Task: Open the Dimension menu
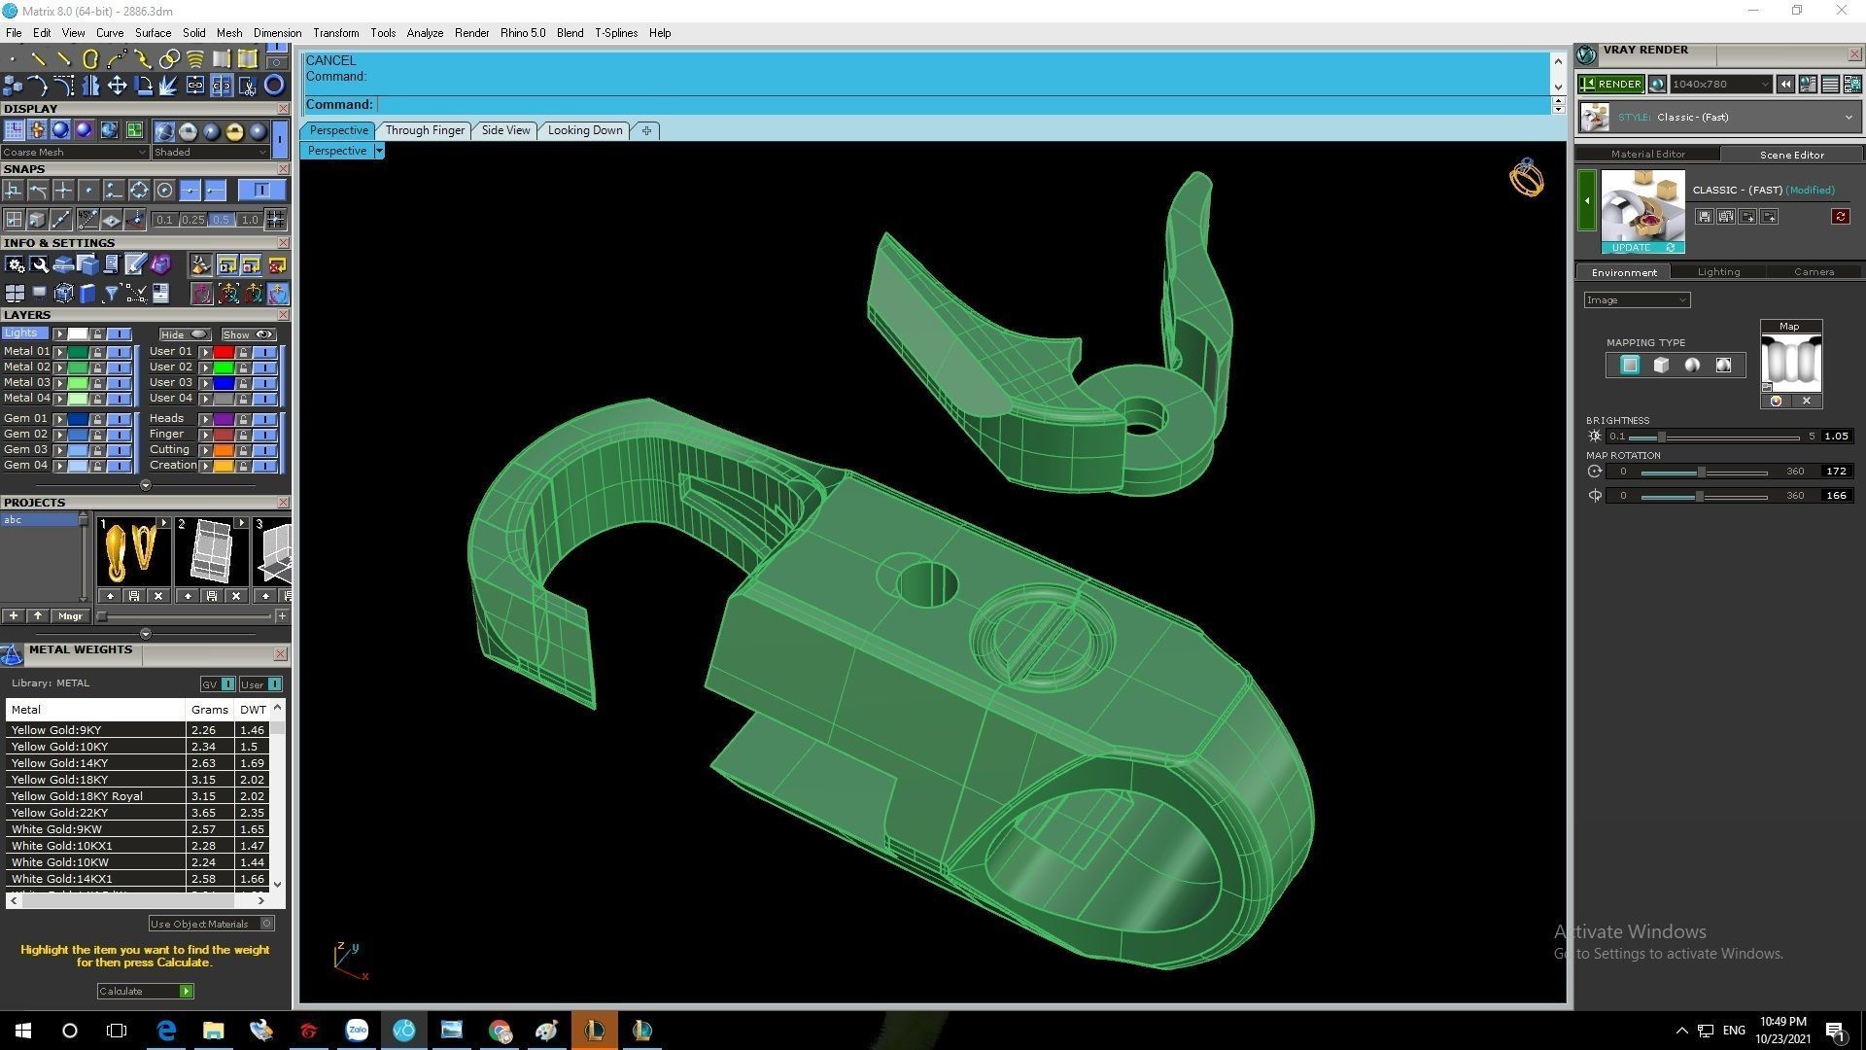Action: click(277, 33)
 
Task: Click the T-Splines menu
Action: click(616, 33)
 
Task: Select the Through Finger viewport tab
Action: click(425, 130)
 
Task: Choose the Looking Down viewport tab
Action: click(585, 130)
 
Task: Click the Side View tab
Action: click(505, 130)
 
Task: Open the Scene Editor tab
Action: click(1791, 155)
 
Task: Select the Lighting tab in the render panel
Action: click(1718, 272)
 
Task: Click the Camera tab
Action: click(1814, 272)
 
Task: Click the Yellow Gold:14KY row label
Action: click(60, 763)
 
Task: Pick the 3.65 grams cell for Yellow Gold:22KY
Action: click(204, 813)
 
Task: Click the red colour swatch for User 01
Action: click(224, 352)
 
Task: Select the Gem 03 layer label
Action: click(25, 450)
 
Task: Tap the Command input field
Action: click(962, 105)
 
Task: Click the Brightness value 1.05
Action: click(1836, 437)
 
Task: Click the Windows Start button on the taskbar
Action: click(23, 1031)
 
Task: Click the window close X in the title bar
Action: click(1841, 11)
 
